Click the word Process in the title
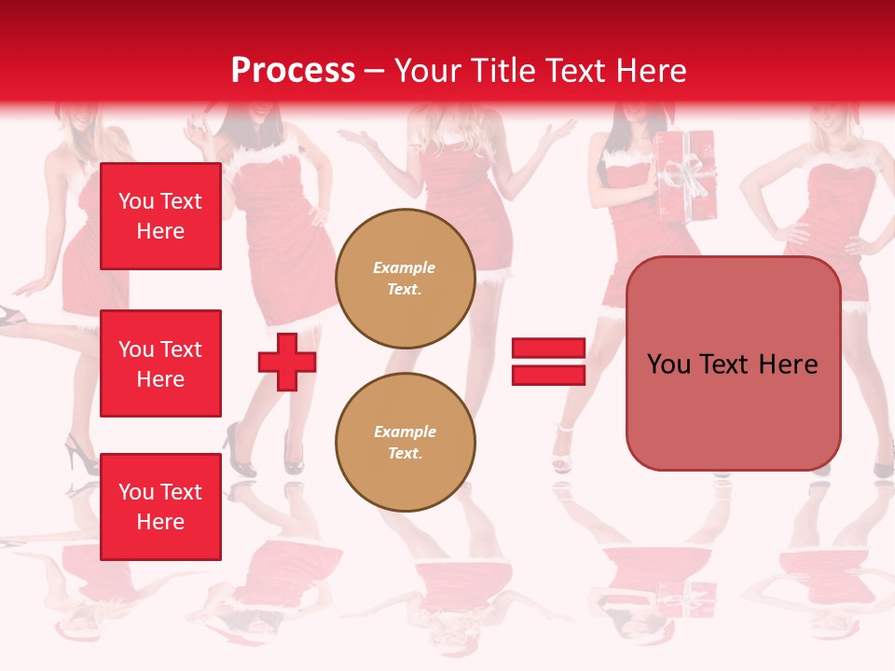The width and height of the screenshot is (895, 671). [x=293, y=70]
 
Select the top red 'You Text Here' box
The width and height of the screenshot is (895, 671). [x=160, y=216]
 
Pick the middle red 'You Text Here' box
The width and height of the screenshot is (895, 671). [x=160, y=363]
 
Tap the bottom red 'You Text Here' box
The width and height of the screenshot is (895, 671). [x=160, y=507]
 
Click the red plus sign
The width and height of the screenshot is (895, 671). [x=287, y=362]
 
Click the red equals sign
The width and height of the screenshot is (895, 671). [x=548, y=362]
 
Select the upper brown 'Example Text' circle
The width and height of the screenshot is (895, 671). [x=406, y=279]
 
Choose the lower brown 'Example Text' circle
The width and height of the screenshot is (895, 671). [x=406, y=443]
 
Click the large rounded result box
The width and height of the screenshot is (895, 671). [x=734, y=363]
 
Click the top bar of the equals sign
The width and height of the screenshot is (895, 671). [x=548, y=349]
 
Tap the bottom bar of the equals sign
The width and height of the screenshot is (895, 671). [x=548, y=375]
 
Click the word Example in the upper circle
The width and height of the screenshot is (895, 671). [x=405, y=267]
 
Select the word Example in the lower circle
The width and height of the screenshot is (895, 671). [x=405, y=431]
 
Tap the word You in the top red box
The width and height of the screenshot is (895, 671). [x=136, y=201]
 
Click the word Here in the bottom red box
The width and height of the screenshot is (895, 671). [x=160, y=522]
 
